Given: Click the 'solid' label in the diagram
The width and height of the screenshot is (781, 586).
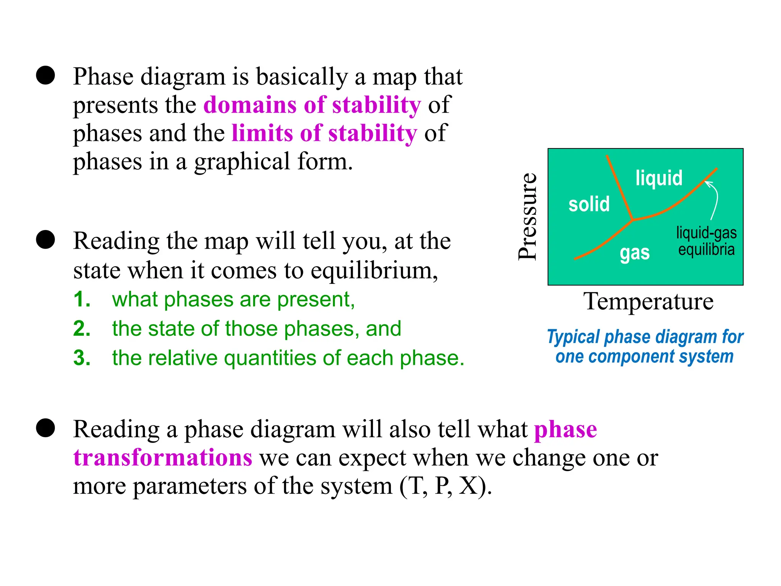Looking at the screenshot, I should (589, 204).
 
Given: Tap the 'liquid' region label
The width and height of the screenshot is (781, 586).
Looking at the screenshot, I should (659, 178).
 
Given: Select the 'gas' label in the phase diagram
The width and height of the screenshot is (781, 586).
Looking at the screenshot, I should (635, 253).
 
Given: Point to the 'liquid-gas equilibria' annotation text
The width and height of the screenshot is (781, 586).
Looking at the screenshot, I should (706, 241).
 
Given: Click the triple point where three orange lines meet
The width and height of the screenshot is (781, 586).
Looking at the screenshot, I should (633, 220).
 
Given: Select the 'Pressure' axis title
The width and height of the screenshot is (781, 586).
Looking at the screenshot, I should (528, 216).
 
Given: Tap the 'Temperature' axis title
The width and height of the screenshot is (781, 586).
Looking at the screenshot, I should (648, 301).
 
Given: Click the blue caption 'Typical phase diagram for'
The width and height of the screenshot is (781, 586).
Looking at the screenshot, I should (645, 337).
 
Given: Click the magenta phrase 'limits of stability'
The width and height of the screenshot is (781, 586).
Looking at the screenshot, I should (324, 133).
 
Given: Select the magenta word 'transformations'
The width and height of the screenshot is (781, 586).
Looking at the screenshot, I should (163, 457).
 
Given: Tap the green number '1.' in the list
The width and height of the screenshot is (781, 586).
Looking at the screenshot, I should (82, 299).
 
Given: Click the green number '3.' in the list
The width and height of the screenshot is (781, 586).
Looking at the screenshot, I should (82, 358).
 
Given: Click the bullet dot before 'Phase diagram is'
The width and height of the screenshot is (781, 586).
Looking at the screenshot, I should (46, 75).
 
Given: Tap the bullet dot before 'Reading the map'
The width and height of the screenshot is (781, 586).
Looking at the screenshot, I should (46, 240).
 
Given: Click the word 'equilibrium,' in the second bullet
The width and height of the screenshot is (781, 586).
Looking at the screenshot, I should (374, 270).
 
